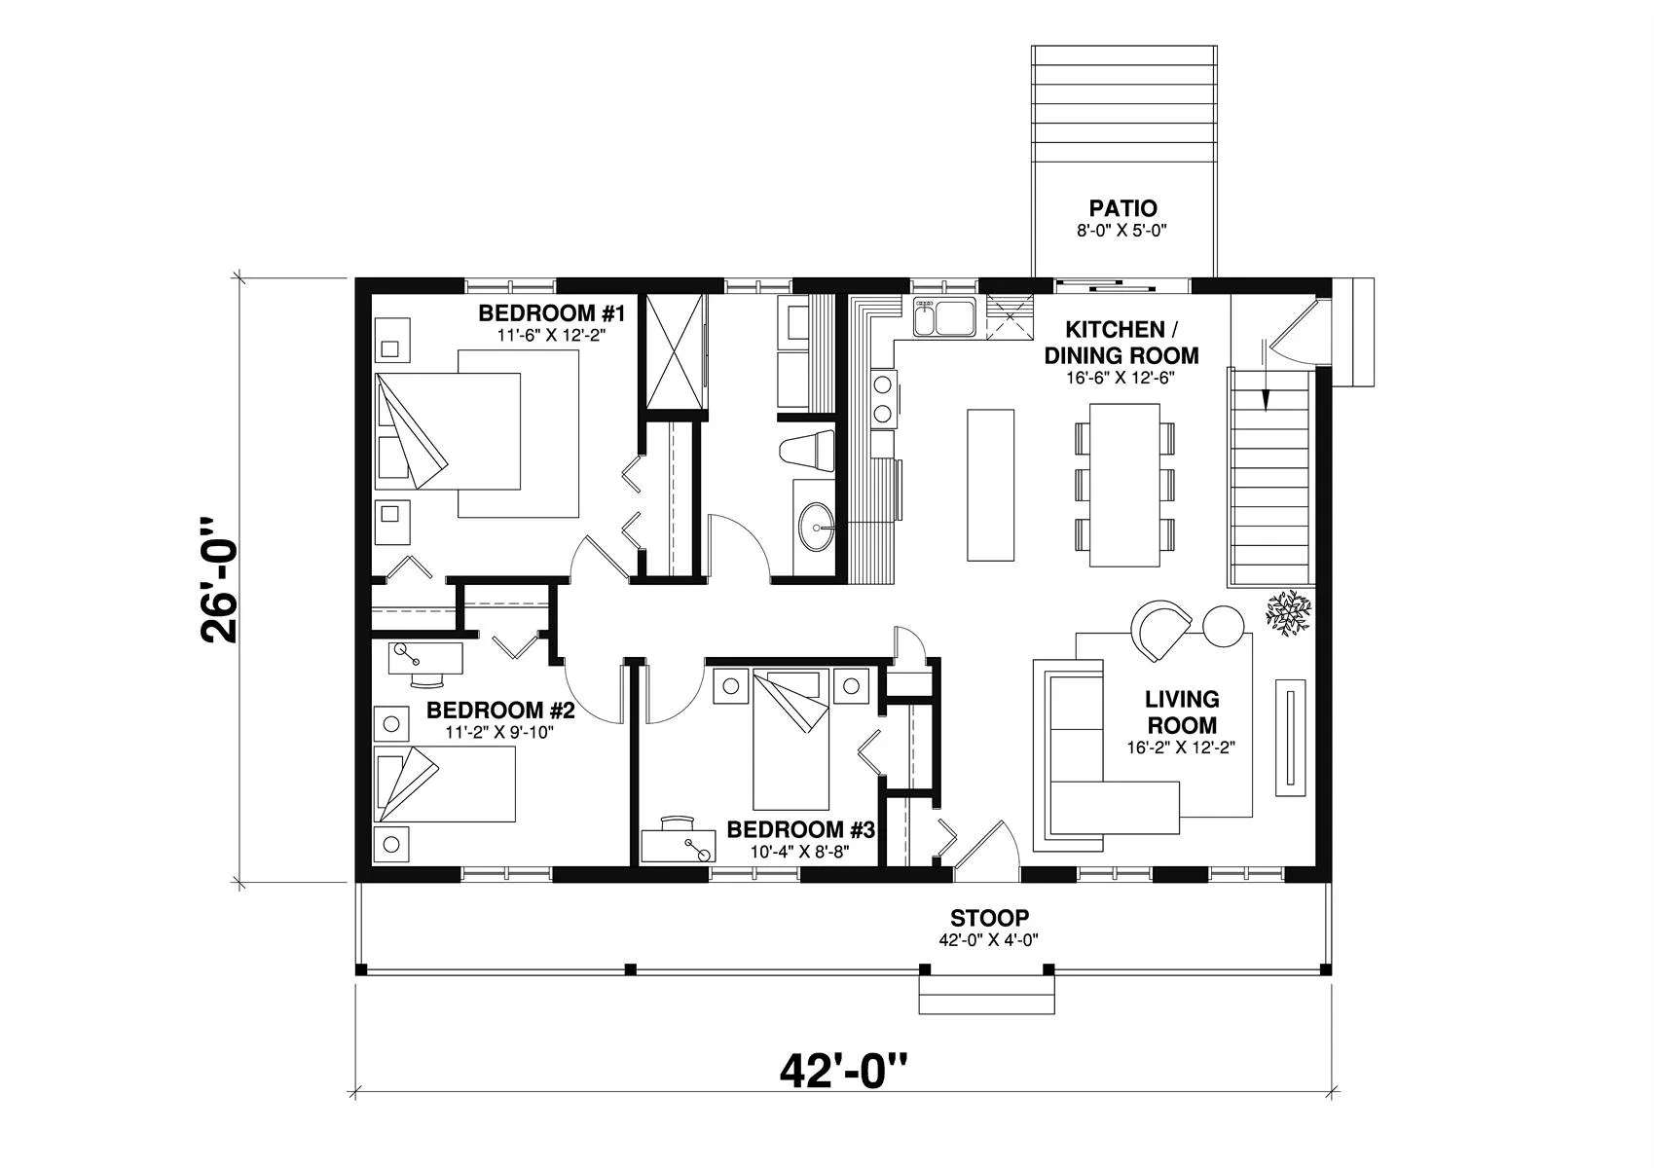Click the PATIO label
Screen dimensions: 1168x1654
[x=1122, y=208]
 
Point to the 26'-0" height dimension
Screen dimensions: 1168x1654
[x=220, y=580]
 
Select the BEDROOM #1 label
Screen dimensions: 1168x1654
[x=550, y=313]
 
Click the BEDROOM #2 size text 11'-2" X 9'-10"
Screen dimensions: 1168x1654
[x=499, y=733]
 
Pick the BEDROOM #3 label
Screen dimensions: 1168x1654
[x=801, y=830]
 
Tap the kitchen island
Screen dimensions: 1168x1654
[x=990, y=485]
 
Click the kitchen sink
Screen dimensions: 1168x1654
[x=943, y=316]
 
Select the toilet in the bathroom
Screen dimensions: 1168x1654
[x=808, y=452]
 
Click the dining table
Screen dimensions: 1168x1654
[x=1125, y=484]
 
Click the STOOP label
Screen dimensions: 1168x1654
[x=989, y=918]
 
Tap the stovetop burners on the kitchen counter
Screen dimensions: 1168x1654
[x=882, y=398]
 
